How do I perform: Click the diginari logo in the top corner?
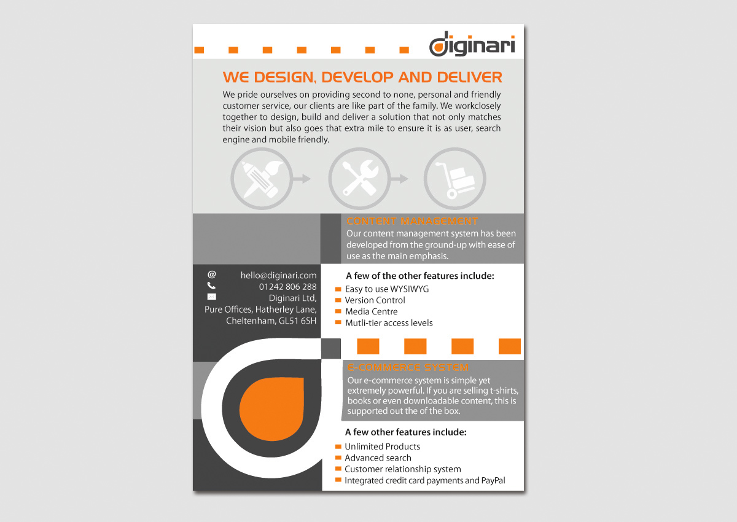pos(472,46)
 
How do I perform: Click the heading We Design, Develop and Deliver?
pos(362,77)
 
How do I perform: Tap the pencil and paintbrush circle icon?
pos(261,179)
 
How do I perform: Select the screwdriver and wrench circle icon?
pos(359,179)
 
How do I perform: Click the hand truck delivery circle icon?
pos(455,179)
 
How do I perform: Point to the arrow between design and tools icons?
pos(302,179)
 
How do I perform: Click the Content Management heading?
pos(412,221)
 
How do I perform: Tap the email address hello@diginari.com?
pos(278,276)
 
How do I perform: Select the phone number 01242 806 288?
pos(287,287)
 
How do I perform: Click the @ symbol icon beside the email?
pos(212,275)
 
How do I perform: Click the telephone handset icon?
pos(211,286)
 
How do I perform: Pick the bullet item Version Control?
pos(375,300)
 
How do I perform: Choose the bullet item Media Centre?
pos(371,311)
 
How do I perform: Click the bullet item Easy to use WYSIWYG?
pos(386,289)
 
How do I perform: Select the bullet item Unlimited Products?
pos(382,446)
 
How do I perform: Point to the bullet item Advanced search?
pos(378,458)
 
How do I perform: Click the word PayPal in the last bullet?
pos(493,481)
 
